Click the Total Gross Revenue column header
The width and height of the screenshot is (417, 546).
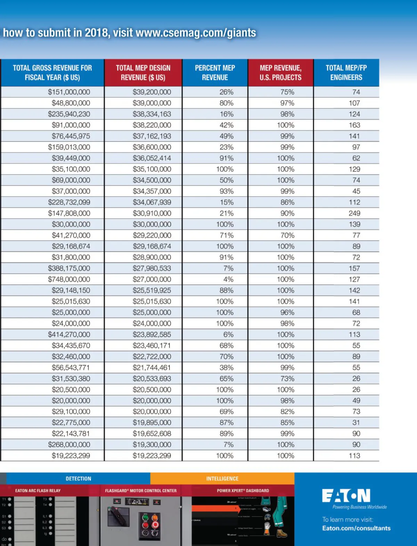coord(52,73)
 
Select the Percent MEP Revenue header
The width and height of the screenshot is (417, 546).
coord(215,73)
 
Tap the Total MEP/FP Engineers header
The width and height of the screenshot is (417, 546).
coord(346,73)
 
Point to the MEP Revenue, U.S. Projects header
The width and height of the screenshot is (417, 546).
coord(280,73)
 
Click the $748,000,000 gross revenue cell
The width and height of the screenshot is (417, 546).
coord(69,279)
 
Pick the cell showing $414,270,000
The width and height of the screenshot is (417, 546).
coord(69,335)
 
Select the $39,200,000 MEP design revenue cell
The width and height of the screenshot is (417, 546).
coord(152,92)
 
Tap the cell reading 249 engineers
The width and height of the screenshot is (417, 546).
coord(354,213)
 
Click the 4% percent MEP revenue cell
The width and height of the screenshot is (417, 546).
coord(228,279)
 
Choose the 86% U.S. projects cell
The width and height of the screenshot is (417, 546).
coord(287,202)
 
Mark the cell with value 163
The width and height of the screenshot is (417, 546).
coord(354,125)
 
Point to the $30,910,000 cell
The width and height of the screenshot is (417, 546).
coord(152,213)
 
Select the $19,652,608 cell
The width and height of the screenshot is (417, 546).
coord(152,434)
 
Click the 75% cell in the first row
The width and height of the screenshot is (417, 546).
coord(287,92)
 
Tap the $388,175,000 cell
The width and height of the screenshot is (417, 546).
coord(69,268)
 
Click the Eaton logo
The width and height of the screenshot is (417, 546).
coord(346,496)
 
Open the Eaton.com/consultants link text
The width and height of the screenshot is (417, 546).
coord(356,528)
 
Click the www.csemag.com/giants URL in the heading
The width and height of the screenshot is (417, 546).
coord(196,33)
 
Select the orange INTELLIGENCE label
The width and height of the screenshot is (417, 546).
coord(222,479)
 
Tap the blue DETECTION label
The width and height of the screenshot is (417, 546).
coord(79,479)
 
